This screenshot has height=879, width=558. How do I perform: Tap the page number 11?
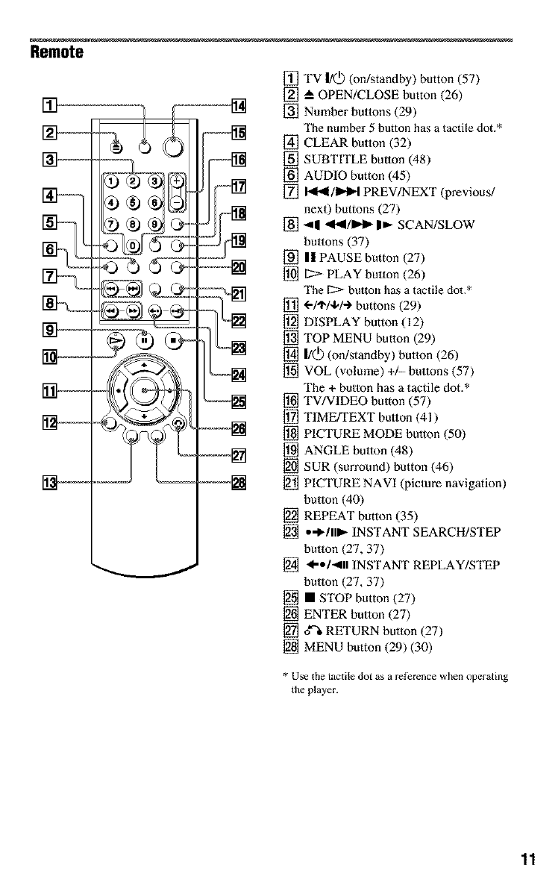[x=528, y=858]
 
